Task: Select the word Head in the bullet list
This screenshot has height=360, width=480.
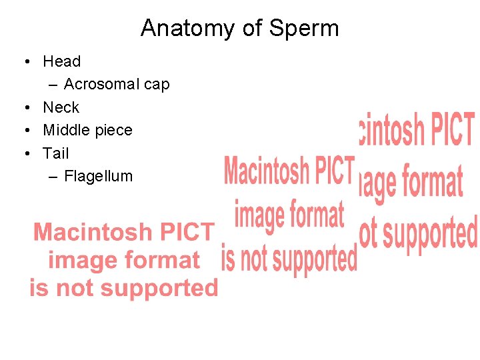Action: tap(62, 61)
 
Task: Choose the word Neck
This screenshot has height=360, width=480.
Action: tap(61, 107)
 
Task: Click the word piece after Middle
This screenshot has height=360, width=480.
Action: tap(115, 131)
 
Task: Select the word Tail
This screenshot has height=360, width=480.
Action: tap(56, 153)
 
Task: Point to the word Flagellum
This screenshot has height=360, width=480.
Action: tap(99, 177)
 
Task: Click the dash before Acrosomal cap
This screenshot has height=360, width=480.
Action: tap(53, 85)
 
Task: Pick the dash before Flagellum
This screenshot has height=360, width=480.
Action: tap(53, 177)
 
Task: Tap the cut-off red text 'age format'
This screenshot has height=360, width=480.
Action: tap(411, 182)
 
